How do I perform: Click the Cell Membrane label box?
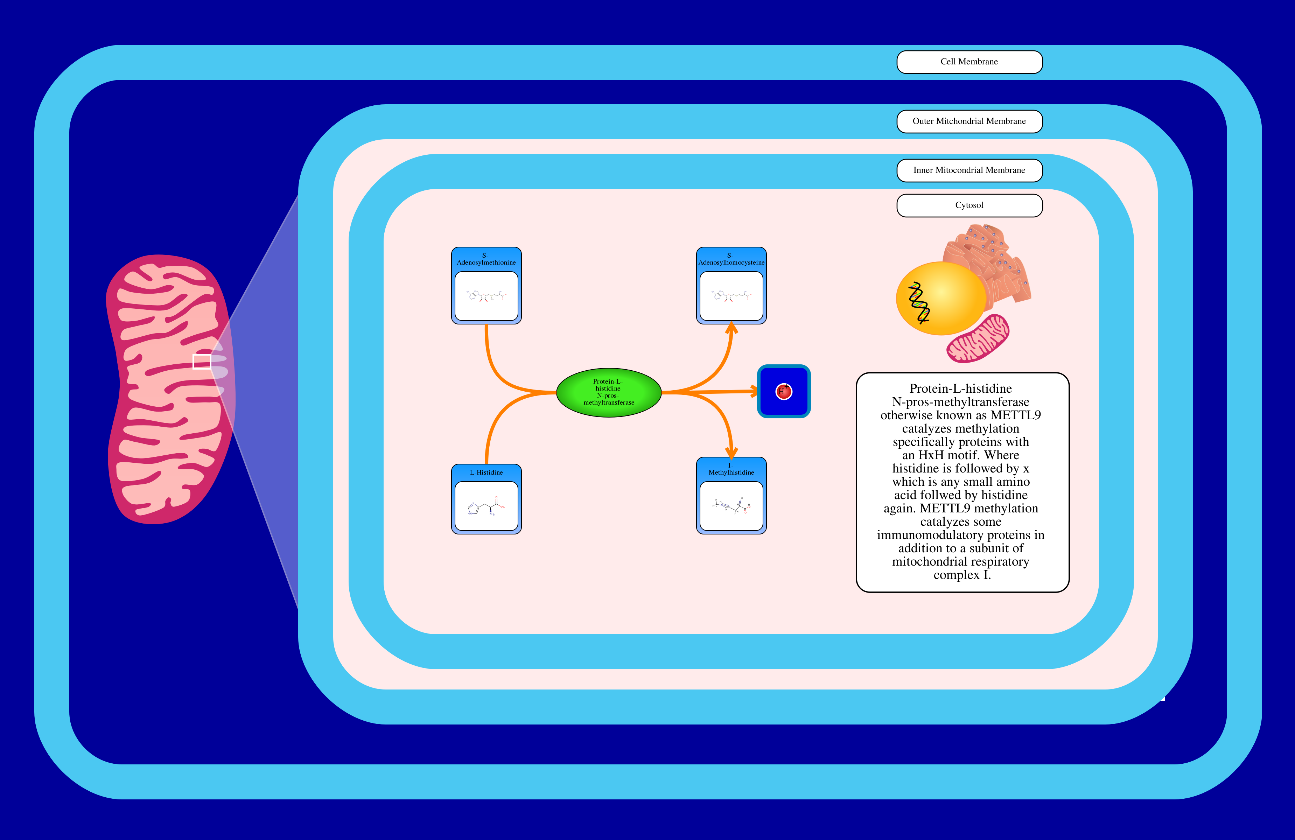coord(969,62)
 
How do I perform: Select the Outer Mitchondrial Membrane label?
coord(969,121)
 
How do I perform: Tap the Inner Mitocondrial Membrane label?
coord(969,170)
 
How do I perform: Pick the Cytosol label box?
coord(969,205)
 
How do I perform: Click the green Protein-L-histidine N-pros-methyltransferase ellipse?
coord(608,392)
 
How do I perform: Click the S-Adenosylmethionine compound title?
coord(486,259)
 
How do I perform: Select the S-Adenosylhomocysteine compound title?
coord(731,259)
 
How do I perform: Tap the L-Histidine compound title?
coord(486,472)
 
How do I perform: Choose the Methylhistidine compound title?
coord(731,469)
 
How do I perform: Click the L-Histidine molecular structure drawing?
coord(486,506)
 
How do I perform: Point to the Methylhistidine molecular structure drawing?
coord(731,506)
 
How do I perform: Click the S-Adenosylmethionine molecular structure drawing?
coord(486,296)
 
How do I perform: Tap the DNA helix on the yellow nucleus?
coord(918,302)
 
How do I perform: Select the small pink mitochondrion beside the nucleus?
coord(978,338)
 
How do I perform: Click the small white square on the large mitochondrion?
coord(202,361)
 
